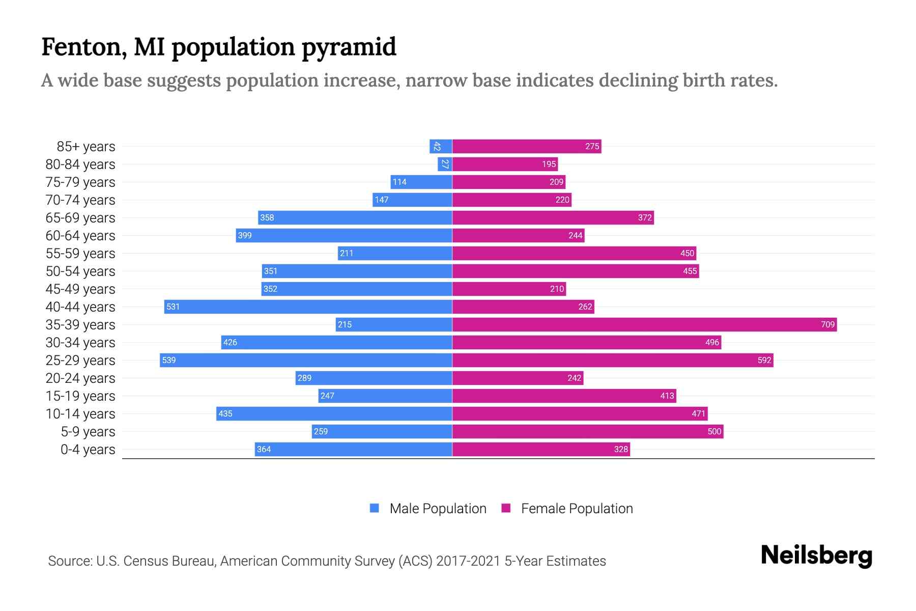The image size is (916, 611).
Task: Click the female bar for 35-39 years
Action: (644, 324)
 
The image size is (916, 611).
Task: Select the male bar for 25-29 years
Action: (306, 360)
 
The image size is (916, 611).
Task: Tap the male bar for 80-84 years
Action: (445, 164)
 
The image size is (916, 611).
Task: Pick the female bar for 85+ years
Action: (527, 146)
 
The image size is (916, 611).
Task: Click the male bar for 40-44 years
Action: (308, 307)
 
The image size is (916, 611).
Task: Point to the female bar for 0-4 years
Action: (541, 449)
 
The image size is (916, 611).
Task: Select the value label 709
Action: (827, 324)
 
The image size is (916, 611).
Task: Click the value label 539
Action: (168, 360)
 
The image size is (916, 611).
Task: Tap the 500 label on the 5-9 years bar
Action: (714, 431)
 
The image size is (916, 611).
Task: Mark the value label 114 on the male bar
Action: (399, 182)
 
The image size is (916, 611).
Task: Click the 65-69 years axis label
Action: (80, 218)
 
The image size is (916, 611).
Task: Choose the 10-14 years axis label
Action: (80, 414)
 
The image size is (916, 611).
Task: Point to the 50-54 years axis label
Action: (80, 271)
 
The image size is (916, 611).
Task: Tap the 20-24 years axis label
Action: (80, 378)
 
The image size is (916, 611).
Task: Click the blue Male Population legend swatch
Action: (375, 508)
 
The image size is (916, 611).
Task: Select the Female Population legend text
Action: (577, 509)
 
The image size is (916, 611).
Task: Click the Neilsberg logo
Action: (816, 556)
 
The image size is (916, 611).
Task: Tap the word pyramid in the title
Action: (349, 47)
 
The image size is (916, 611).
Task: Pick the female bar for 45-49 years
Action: (509, 289)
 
